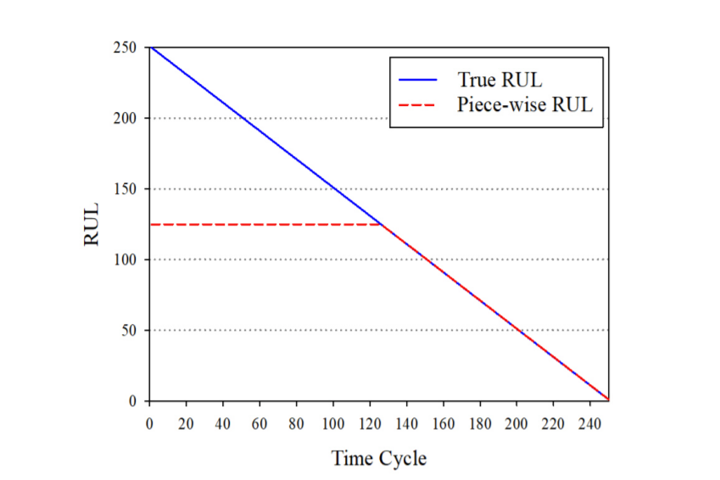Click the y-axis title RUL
(92, 224)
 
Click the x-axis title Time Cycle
(378, 459)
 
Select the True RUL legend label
(500, 81)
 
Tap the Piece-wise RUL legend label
(523, 105)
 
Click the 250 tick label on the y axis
(125, 47)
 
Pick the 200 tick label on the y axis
(125, 118)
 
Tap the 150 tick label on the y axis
(125, 189)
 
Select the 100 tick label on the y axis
(125, 260)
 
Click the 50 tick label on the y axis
(128, 330)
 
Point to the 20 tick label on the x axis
(186, 422)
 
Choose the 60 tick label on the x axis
(260, 422)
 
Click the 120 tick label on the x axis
(370, 422)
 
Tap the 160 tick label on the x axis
(444, 422)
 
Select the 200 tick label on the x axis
(516, 422)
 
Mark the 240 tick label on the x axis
(590, 422)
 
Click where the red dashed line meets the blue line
(380, 224)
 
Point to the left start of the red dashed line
(150, 224)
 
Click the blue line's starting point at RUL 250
(150, 47)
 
